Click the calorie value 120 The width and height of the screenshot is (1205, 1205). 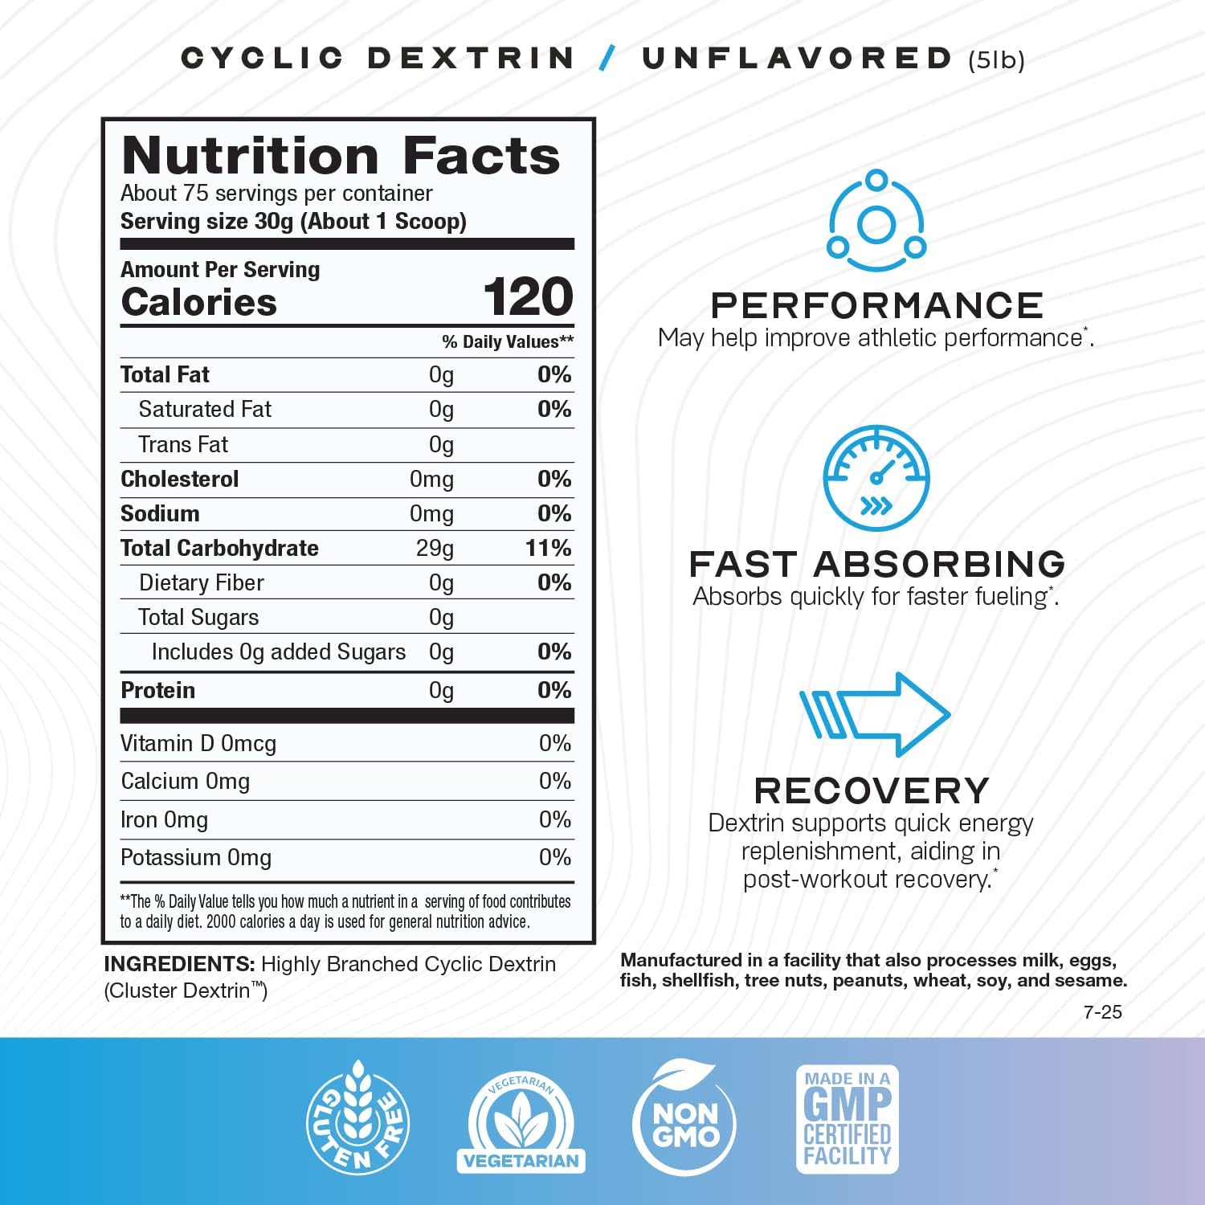click(528, 297)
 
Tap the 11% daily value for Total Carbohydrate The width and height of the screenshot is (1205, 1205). click(549, 548)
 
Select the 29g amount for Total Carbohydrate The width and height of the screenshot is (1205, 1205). click(435, 548)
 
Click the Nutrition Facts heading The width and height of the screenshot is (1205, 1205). click(341, 155)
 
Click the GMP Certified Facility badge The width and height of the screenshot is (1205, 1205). click(847, 1119)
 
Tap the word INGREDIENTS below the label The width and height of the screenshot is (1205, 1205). click(179, 964)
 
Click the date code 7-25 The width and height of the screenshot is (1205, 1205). click(1102, 1012)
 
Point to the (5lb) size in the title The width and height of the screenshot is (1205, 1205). click(996, 60)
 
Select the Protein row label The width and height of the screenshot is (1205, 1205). click(157, 690)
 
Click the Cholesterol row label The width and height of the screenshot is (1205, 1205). click(179, 479)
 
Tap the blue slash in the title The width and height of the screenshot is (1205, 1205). click(608, 58)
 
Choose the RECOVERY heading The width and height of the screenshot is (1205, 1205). click(872, 790)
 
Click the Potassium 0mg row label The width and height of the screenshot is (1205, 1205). click(196, 858)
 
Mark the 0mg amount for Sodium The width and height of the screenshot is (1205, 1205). click(431, 513)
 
